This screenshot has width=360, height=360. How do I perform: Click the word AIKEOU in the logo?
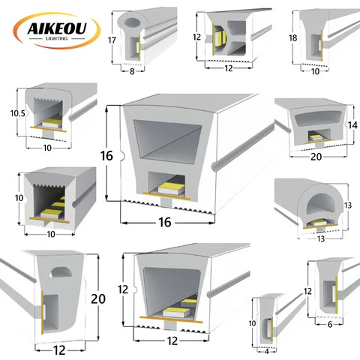coord(57,28)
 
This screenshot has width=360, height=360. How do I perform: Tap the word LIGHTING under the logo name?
coord(57,38)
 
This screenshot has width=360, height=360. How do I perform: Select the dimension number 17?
coord(112,40)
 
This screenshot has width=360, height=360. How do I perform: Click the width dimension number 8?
coord(132,71)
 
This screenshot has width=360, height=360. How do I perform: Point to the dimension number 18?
coord(293,38)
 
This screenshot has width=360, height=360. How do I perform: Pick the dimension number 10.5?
coord(18,113)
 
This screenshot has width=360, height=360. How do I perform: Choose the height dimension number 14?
coord(352,125)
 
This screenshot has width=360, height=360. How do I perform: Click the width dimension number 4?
coord(267,352)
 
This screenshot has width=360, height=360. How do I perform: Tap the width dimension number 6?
coord(330,325)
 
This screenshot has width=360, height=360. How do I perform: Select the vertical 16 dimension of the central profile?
coord(106,156)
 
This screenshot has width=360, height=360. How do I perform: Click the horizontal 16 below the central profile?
coord(165,222)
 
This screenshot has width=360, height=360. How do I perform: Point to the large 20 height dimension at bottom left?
coord(98,298)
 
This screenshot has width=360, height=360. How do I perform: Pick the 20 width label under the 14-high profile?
coord(316,157)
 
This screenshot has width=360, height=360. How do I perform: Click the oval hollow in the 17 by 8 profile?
coord(132,22)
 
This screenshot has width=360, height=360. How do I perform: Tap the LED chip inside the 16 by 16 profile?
coord(172,188)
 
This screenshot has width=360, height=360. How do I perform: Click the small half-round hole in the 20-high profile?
coord(61,272)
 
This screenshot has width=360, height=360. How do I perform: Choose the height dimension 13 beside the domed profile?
coord(348,205)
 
